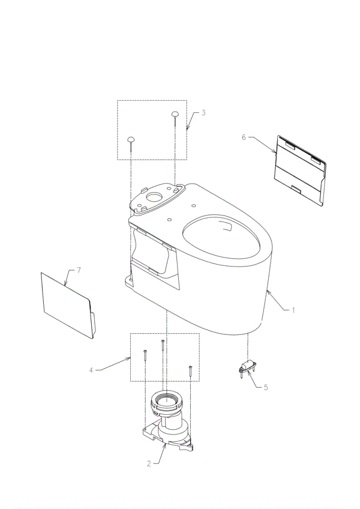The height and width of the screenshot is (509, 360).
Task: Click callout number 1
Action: pyautogui.click(x=293, y=310)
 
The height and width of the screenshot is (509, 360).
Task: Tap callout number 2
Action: pyautogui.click(x=149, y=464)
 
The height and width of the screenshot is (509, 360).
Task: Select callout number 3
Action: pyautogui.click(x=203, y=113)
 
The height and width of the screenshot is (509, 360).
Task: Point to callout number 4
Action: pyautogui.click(x=91, y=370)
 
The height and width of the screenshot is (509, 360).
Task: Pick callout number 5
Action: pyautogui.click(x=266, y=387)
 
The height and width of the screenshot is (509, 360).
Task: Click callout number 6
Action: pyautogui.click(x=244, y=137)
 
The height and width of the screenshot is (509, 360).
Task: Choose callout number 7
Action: pyautogui.click(x=79, y=270)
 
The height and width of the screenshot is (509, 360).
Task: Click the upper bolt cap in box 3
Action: pyautogui.click(x=175, y=113)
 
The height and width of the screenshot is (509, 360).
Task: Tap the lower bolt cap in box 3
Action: pyautogui.click(x=131, y=139)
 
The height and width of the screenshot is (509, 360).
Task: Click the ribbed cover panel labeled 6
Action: pyautogui.click(x=299, y=170)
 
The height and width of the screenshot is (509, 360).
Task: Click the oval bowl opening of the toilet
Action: pyautogui.click(x=222, y=236)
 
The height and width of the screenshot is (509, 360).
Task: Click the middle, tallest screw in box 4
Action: pyautogui.click(x=163, y=348)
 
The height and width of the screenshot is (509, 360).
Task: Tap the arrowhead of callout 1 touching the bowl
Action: pyautogui.click(x=268, y=293)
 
